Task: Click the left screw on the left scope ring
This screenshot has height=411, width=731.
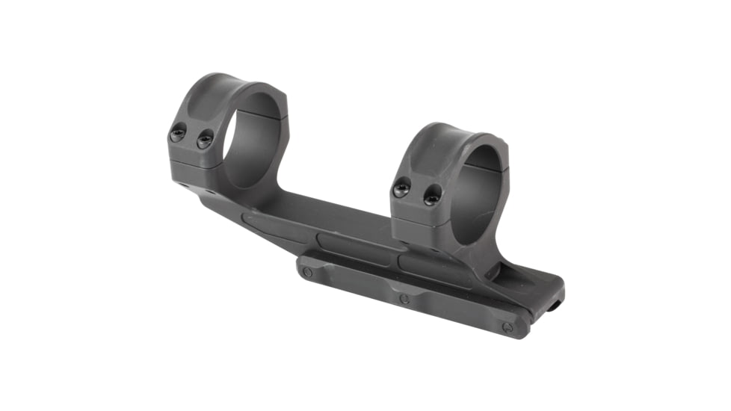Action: click(178, 135)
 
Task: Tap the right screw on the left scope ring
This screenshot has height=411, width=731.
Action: click(204, 139)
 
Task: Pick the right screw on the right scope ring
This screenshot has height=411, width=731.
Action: click(432, 196)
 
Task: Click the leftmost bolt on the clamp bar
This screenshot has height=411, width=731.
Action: click(307, 272)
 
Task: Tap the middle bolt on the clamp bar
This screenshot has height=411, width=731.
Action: click(404, 299)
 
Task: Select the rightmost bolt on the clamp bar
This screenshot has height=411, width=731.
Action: click(508, 327)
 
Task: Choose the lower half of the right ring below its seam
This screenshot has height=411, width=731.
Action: click(419, 232)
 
